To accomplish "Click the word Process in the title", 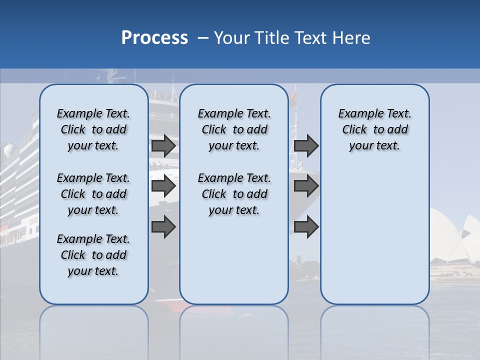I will click(154, 38).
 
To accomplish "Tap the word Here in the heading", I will click(352, 38).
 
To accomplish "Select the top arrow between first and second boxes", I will click(163, 146).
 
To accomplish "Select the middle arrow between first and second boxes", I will click(163, 186).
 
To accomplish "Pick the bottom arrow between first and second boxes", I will click(163, 227).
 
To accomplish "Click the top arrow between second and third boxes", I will click(306, 146).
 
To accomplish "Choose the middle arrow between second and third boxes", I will click(306, 186).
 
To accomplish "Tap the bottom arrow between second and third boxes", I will click(306, 227).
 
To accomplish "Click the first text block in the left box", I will click(93, 129).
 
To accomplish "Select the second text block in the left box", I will click(93, 194).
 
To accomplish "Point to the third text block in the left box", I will click(93, 255).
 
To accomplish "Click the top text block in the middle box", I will click(234, 129).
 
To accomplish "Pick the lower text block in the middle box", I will click(234, 194).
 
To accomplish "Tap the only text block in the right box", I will click(374, 129).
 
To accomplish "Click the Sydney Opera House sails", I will click(452, 235).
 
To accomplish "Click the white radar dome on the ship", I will click(8, 150).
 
